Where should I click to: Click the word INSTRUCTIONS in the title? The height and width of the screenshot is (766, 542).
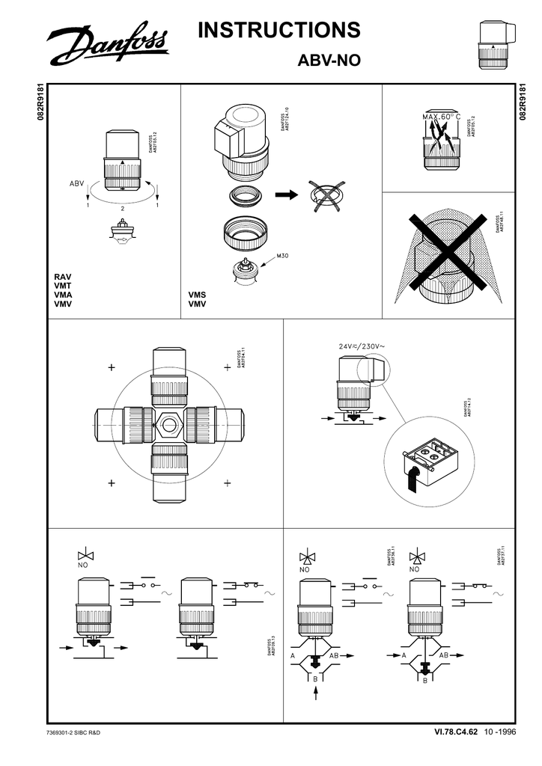279,31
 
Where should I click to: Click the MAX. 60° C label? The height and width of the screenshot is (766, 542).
440,117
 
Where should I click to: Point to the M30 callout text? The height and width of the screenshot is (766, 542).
282,257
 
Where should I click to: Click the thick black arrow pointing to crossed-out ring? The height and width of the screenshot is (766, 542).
286,196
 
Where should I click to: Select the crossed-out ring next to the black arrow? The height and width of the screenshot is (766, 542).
326,197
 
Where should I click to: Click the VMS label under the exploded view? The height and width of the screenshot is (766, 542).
197,295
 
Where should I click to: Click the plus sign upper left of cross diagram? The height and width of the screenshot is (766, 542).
112,368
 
